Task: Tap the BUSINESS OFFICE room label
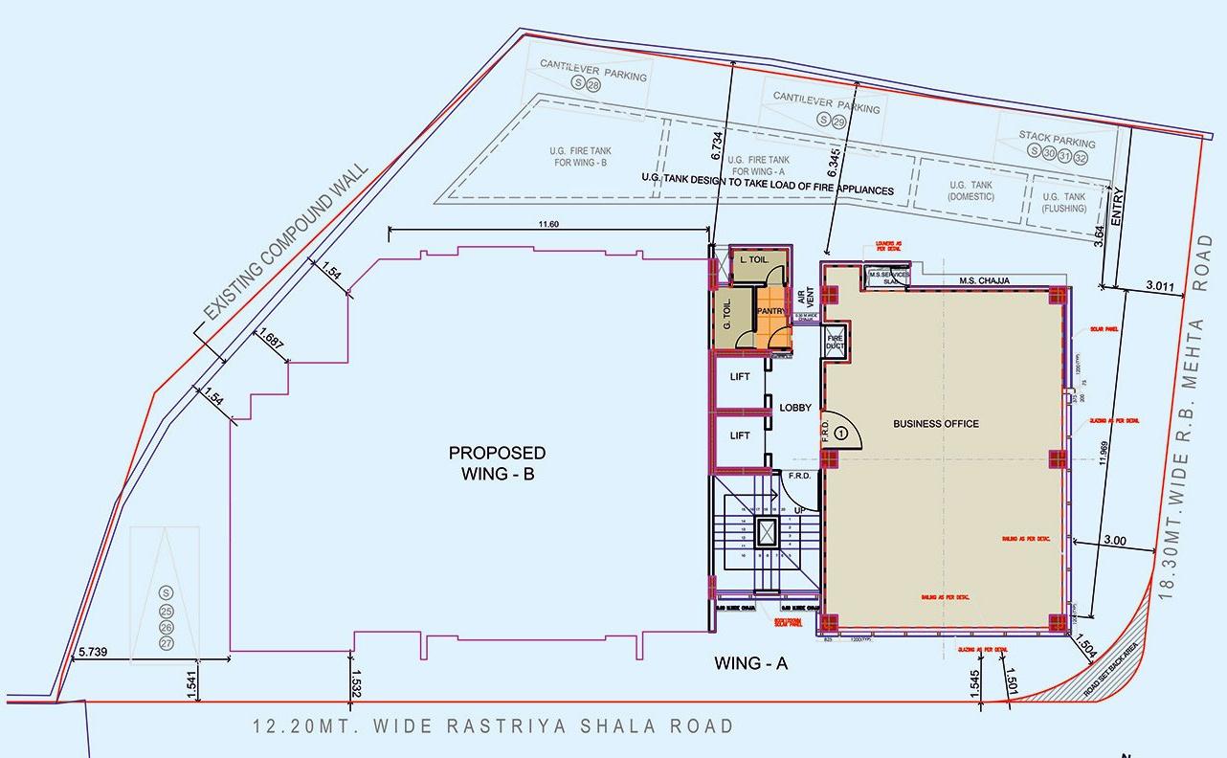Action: click(x=935, y=424)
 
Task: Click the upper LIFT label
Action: click(x=740, y=377)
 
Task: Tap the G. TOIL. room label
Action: click(x=728, y=312)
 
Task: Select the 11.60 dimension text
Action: click(x=548, y=224)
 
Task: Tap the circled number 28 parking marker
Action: click(x=593, y=85)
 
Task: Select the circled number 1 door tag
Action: click(x=841, y=433)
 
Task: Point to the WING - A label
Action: click(x=750, y=663)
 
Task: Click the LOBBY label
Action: click(x=795, y=408)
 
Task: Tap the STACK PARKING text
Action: click(x=1057, y=140)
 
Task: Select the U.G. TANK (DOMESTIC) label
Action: click(x=970, y=190)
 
